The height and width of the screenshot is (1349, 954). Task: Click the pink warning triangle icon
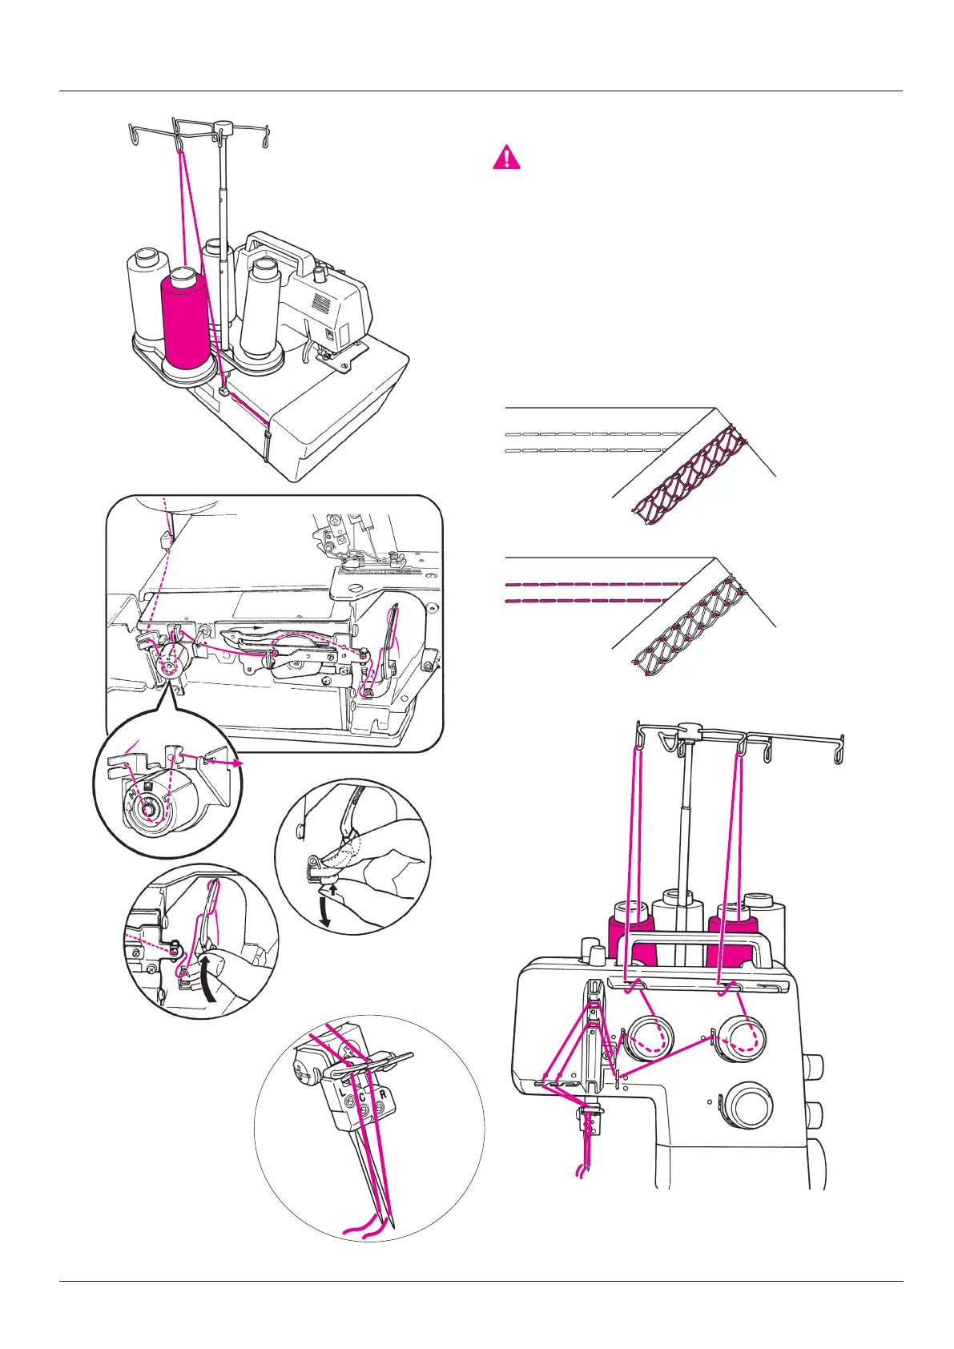[x=506, y=157]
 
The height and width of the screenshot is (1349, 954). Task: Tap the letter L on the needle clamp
[x=342, y=1093]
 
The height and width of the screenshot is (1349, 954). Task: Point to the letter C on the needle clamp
[x=362, y=1097]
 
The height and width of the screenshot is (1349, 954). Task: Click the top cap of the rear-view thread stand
[x=223, y=127]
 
